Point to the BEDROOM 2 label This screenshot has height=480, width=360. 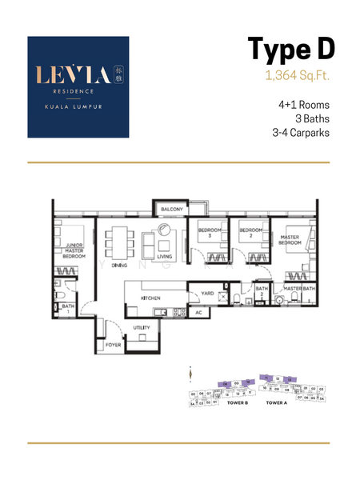pos(250,234)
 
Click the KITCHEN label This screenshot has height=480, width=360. pos(151,298)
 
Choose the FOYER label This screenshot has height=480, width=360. pos(114,345)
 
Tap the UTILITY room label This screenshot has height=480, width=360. pos(141,327)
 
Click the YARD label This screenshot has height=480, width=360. pos(206,294)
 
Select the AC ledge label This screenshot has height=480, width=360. pos(198,312)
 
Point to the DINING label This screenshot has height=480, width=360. pos(119,264)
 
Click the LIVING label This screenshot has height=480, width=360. pos(164,256)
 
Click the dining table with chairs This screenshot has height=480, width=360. pos(119,242)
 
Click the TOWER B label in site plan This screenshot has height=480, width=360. pos(238,402)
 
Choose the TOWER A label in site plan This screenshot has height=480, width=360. pos(276,402)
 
